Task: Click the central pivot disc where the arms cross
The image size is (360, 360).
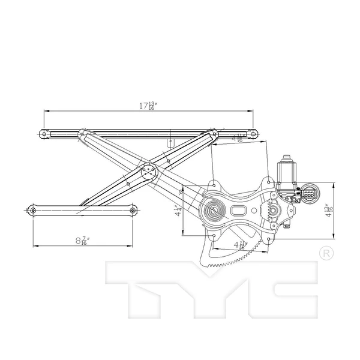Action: coord(148,172)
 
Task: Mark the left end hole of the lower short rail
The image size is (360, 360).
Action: coord(33,210)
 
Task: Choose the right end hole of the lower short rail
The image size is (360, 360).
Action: coord(133,210)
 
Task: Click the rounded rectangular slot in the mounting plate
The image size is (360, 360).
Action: coord(237,211)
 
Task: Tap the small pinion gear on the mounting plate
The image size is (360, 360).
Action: coord(272,211)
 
